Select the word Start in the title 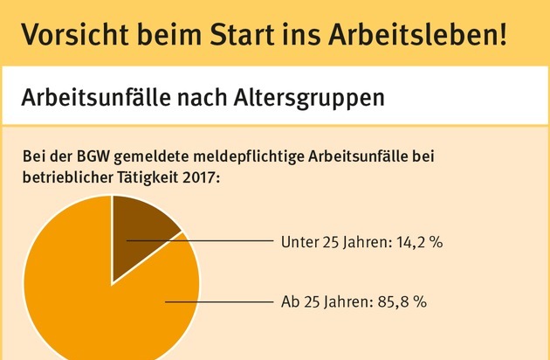click(x=248, y=34)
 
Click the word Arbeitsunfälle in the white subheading click(x=96, y=96)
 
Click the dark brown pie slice click(x=139, y=227)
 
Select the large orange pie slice click(x=96, y=306)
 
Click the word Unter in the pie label click(x=299, y=240)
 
